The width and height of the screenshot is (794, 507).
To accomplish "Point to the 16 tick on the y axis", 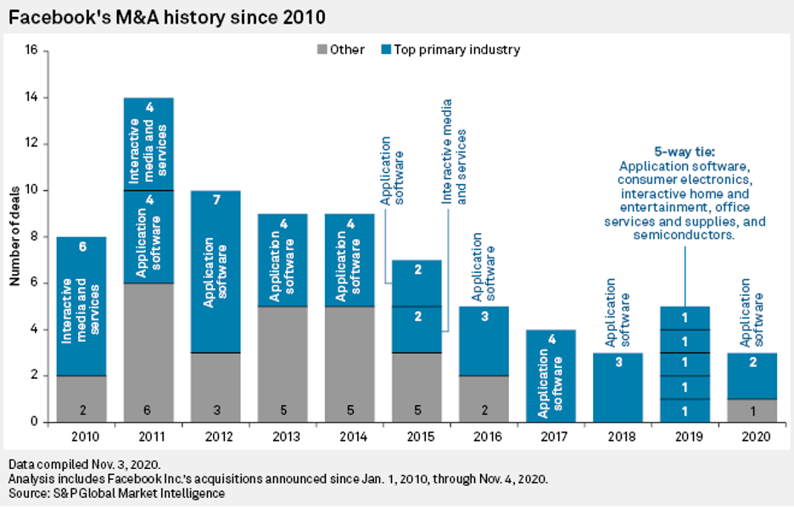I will point(32,51).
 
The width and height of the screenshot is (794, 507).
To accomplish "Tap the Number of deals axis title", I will point(14,236).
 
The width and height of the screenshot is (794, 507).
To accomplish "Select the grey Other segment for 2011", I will point(148,352).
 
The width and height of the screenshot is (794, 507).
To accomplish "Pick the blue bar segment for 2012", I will point(215,270).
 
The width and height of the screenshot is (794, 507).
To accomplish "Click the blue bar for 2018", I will point(618,387).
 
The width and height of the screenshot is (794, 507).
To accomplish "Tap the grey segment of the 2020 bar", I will point(752,409).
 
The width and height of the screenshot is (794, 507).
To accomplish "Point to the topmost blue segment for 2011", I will point(148,143).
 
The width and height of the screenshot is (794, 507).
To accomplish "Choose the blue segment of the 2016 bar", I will point(484,340).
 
